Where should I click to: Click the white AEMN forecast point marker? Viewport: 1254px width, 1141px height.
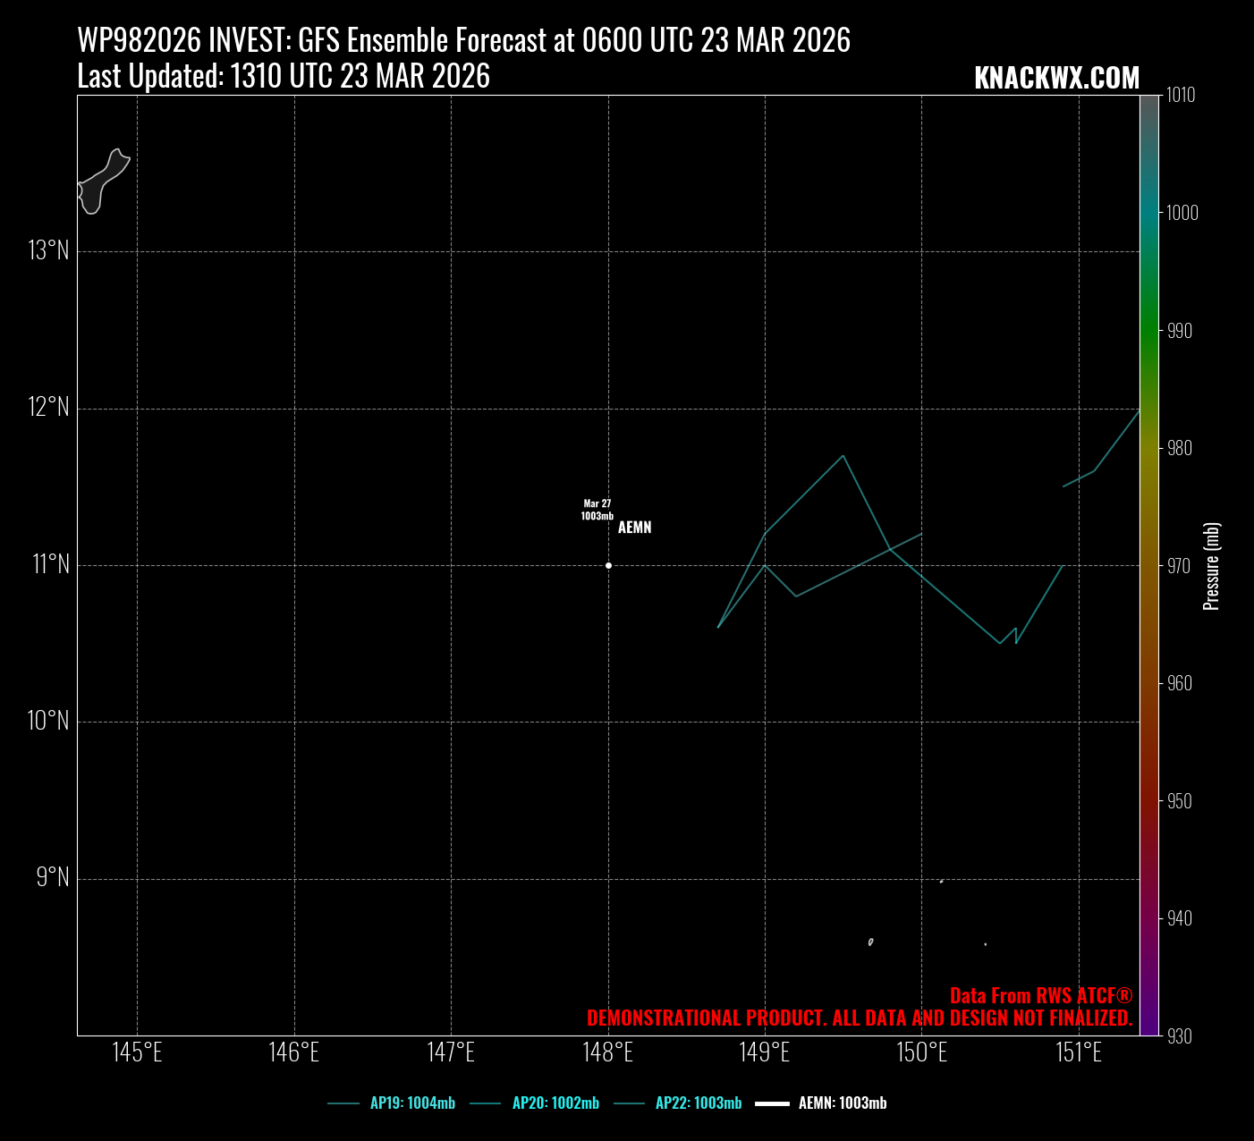tap(608, 565)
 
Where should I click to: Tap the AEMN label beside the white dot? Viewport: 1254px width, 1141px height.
tap(634, 528)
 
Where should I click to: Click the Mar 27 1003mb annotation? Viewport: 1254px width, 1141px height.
tap(597, 510)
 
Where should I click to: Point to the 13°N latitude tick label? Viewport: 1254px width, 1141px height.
tap(48, 250)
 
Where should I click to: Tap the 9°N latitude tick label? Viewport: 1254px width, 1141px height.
tap(53, 877)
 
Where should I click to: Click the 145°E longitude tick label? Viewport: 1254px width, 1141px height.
tap(137, 1052)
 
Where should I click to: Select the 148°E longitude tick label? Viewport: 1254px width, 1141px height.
tap(608, 1052)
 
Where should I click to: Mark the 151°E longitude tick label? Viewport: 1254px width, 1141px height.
tap(1079, 1052)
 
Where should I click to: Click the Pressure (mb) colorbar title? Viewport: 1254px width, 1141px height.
tap(1212, 566)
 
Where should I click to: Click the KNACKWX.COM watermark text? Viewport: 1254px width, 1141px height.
tap(1056, 79)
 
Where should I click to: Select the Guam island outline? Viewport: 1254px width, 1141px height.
tap(101, 182)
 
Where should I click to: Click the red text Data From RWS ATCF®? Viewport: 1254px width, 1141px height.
tap(1040, 996)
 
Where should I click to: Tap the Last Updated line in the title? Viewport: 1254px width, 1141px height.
tap(284, 77)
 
